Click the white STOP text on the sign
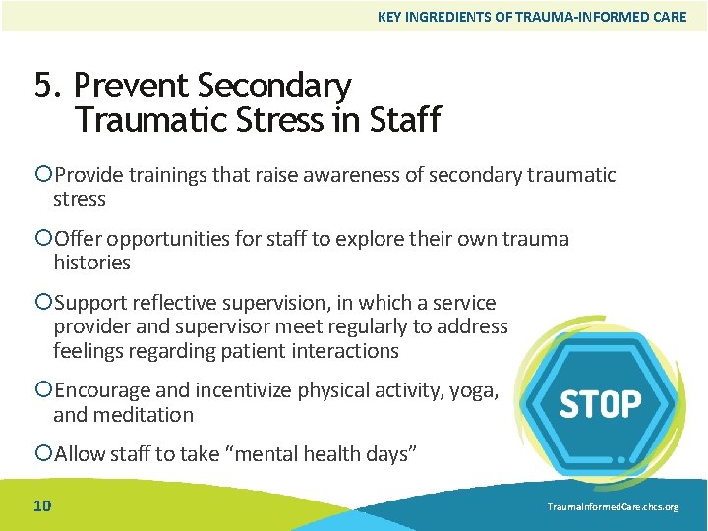pos(600,404)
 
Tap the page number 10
pos(43,506)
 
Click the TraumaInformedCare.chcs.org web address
pos(611,507)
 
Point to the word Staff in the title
pos(404,120)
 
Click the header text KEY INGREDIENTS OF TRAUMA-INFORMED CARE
pos(532,17)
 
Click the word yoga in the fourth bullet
pos(473,391)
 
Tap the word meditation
pos(144,415)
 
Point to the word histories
pos(91,263)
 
